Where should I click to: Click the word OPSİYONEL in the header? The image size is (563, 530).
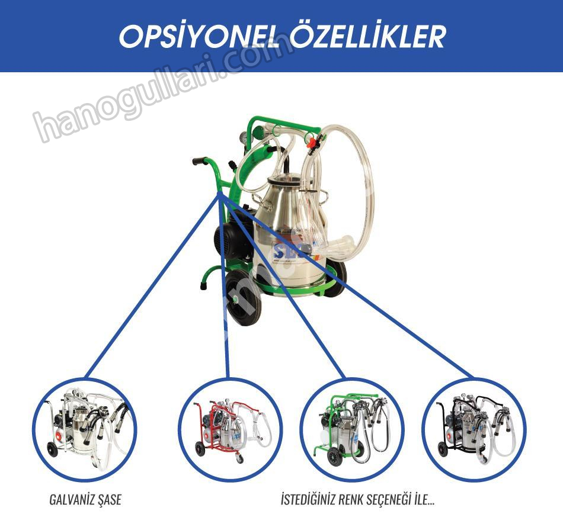click(199, 37)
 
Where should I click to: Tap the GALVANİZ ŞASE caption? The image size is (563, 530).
click(85, 499)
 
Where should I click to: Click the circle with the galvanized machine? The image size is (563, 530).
click(85, 429)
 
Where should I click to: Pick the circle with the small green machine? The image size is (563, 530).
click(352, 429)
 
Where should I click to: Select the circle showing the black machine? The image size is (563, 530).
click(474, 429)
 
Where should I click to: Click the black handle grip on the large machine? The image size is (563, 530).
click(200, 160)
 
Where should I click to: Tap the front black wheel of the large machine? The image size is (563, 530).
click(243, 297)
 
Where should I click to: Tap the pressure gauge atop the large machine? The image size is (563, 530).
click(244, 137)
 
